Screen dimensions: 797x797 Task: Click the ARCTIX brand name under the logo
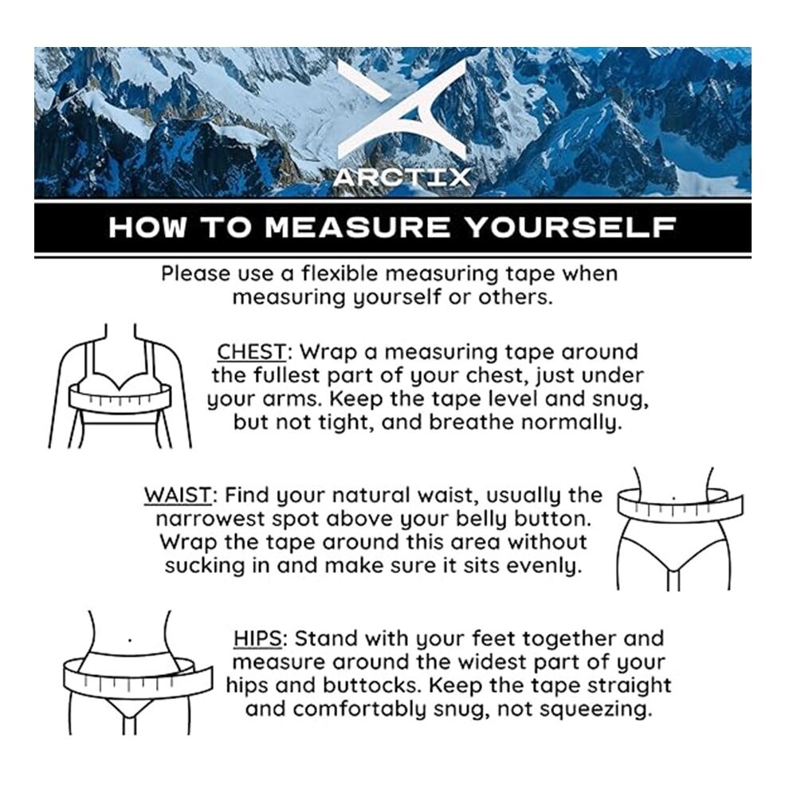point(402,178)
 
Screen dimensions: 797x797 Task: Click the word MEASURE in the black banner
point(357,227)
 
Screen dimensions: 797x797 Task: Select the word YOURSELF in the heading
point(571,227)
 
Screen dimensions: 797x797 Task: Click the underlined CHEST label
point(252,351)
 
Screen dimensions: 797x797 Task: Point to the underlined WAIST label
point(178,495)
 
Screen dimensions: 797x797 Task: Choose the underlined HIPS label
point(257,638)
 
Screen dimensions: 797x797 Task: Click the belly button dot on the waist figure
point(674,499)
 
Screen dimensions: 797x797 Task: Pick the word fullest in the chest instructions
point(285,375)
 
